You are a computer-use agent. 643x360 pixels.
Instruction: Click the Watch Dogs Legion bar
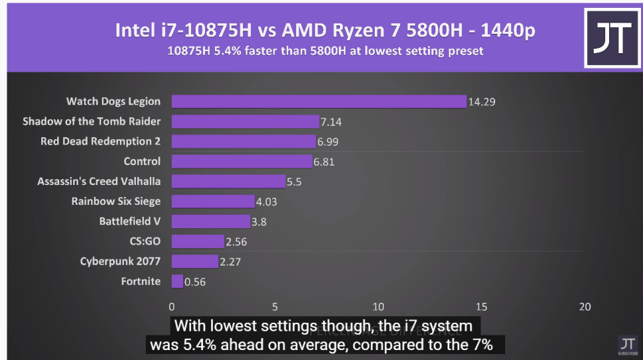coord(319,101)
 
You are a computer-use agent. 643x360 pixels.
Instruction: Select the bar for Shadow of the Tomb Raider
coord(245,121)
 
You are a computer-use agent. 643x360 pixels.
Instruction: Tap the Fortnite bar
coord(177,281)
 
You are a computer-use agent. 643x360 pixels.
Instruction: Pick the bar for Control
coord(242,161)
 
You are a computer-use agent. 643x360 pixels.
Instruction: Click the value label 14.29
coord(482,102)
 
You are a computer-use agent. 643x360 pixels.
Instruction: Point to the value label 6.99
coord(331,142)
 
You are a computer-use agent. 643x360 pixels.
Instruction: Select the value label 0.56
coord(195,282)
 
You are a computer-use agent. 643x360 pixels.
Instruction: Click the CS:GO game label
coord(145,241)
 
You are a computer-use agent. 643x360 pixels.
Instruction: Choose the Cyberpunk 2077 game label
coord(120,261)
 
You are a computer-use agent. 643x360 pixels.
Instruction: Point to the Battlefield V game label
coord(130,221)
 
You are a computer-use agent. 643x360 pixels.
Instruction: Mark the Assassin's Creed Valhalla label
coord(99,181)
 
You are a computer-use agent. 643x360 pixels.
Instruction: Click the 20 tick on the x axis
coord(584,307)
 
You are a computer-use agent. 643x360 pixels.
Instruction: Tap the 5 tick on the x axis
coord(275,307)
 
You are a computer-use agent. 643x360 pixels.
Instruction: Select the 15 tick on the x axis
coord(481,307)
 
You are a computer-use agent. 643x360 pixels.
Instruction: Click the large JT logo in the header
coord(612,38)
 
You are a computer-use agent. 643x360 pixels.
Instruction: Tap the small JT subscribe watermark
coord(626,344)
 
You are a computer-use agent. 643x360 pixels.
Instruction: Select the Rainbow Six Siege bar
coord(213,201)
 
